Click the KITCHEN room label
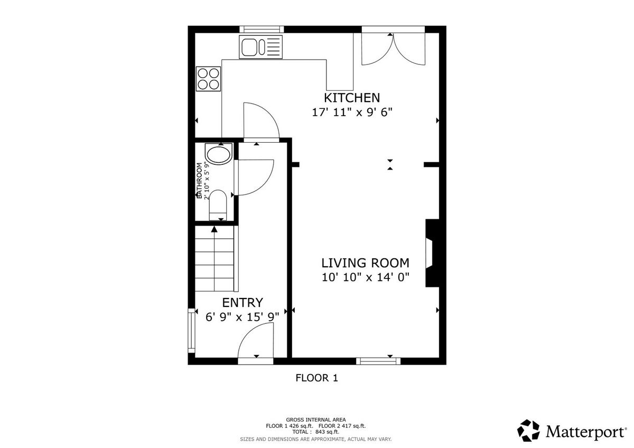coord(351,98)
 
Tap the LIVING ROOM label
coord(366,263)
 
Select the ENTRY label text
coord(243,303)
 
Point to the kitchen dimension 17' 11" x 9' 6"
coord(352,113)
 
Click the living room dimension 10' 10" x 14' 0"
coord(366,277)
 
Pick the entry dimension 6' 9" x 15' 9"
coord(243,317)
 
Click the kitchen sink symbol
coord(260,47)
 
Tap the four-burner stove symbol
coord(208,79)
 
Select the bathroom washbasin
coord(219,154)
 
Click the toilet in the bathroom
coord(218,205)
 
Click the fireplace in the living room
coord(432,253)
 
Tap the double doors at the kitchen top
coord(394,49)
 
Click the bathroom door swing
coord(254,178)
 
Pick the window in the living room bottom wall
coord(378,361)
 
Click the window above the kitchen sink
coord(262,29)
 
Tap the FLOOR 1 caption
coord(316,378)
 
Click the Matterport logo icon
coord(528,431)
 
